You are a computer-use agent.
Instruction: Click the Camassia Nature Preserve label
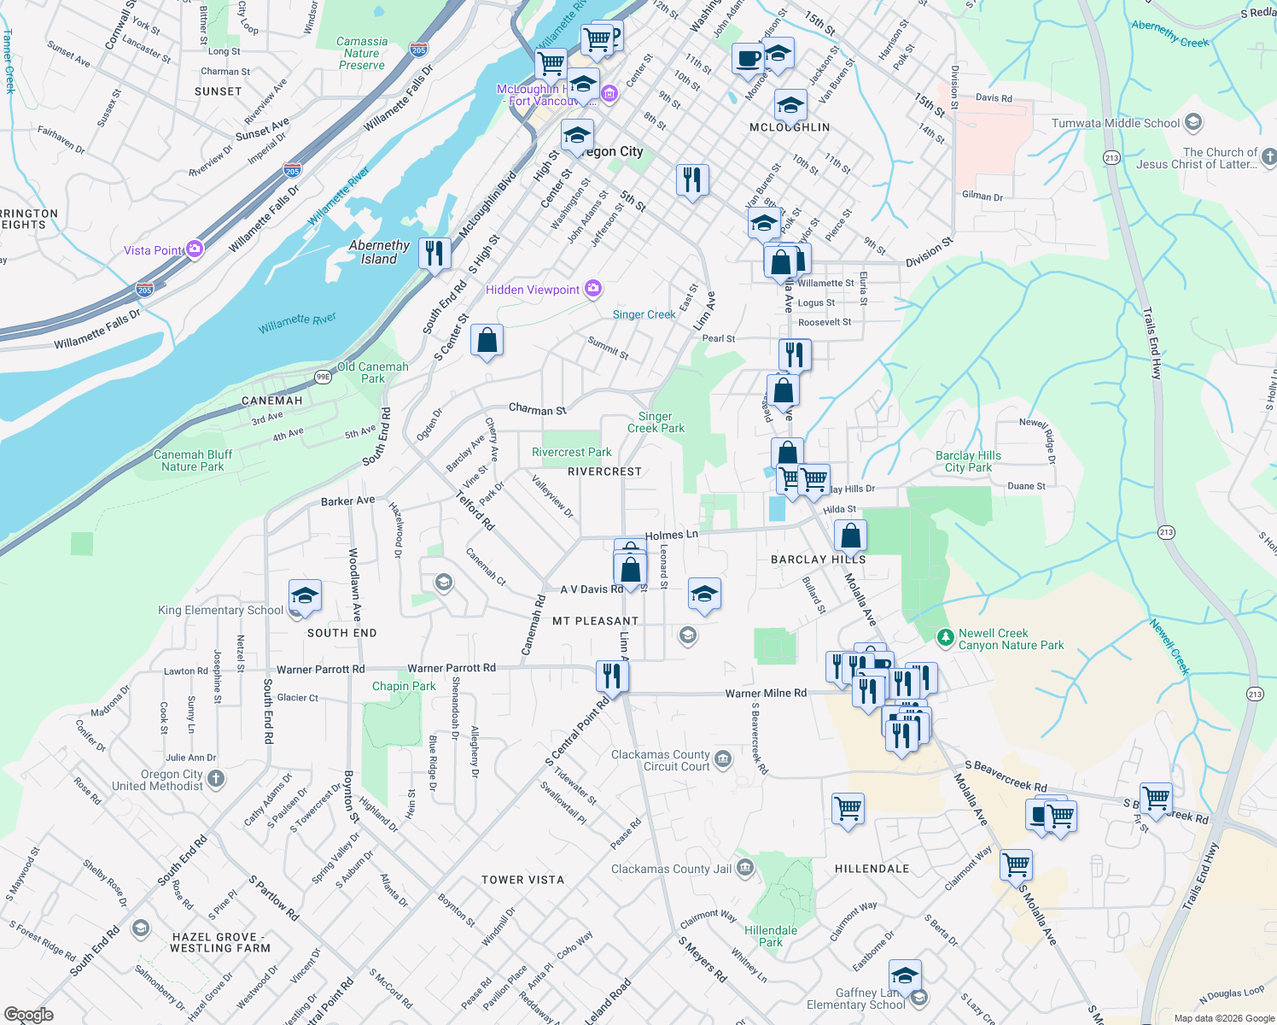pyautogui.click(x=362, y=53)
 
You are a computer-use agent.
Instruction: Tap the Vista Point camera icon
pyautogui.click(x=195, y=249)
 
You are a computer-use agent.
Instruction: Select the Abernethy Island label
pyautogui.click(x=379, y=252)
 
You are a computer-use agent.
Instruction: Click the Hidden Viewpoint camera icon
pyautogui.click(x=593, y=290)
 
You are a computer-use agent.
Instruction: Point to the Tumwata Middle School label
pyautogui.click(x=1115, y=123)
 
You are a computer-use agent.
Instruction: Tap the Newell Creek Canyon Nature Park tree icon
pyautogui.click(x=945, y=638)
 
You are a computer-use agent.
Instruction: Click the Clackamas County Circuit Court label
pyautogui.click(x=661, y=760)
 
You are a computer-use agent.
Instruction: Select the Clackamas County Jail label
pyautogui.click(x=671, y=869)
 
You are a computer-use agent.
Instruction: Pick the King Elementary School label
pyautogui.click(x=220, y=610)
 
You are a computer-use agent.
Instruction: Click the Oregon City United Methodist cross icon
pyautogui.click(x=216, y=778)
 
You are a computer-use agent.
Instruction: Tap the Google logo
pyautogui.click(x=28, y=1015)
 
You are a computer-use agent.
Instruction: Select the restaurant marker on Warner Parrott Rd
pyautogui.click(x=612, y=676)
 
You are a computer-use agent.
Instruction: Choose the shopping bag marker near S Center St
pyautogui.click(x=487, y=341)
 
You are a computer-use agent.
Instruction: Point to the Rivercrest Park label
pyautogui.click(x=571, y=452)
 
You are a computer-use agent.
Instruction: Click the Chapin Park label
pyautogui.click(x=404, y=686)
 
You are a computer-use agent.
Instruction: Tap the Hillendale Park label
pyautogui.click(x=771, y=936)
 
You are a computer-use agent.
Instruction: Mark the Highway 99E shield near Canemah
pyautogui.click(x=323, y=376)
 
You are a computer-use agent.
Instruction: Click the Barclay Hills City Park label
pyautogui.click(x=968, y=461)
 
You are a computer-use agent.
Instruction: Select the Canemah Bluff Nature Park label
pyautogui.click(x=193, y=460)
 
